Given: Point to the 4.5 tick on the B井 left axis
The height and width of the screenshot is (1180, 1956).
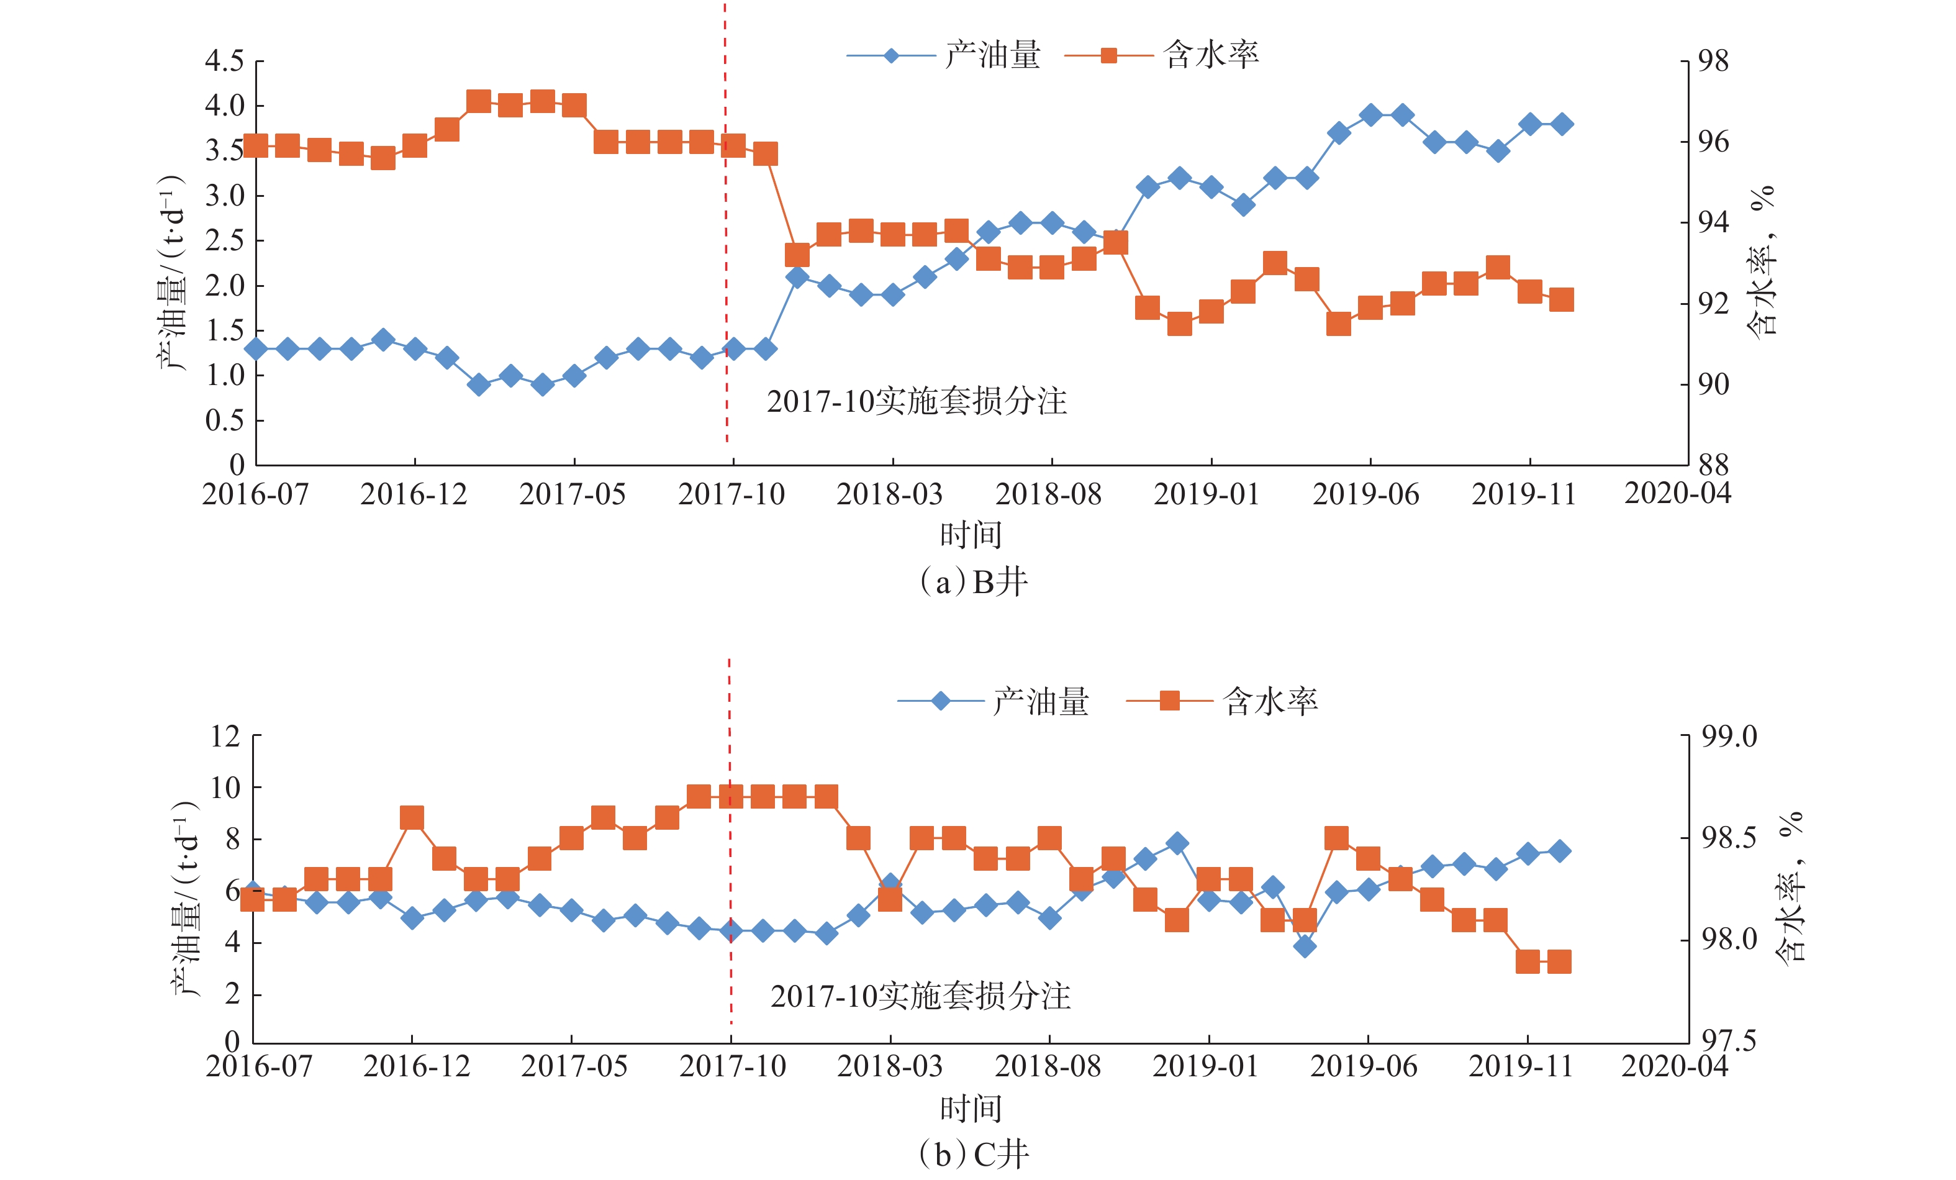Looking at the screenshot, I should click(225, 61).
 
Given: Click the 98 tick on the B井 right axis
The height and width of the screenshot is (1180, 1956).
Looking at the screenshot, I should click(1713, 61).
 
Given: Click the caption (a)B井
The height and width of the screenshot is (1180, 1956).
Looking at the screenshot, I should click(973, 583).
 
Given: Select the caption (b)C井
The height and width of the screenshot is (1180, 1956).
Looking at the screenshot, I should click(973, 1155).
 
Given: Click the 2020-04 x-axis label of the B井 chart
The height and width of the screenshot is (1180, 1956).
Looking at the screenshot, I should click(1677, 494).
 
